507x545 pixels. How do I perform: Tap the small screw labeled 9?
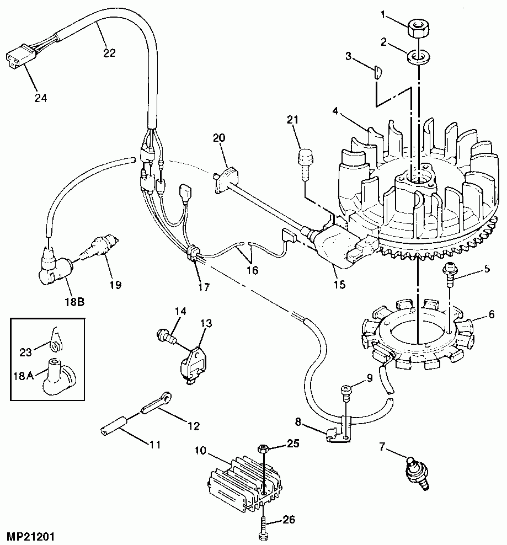click(346, 392)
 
